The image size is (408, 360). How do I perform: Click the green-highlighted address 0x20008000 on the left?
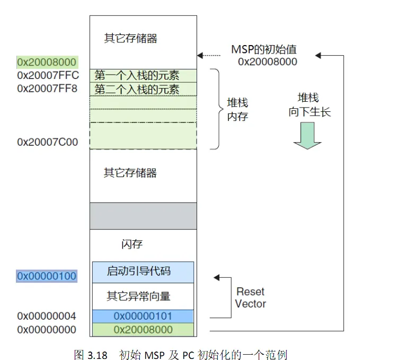(x=47, y=63)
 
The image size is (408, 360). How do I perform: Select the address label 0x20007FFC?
(x=47, y=75)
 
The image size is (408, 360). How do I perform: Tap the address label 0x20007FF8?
(x=47, y=88)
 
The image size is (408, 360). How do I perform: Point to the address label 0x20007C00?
(x=47, y=142)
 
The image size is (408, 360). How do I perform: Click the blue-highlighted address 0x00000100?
(x=47, y=276)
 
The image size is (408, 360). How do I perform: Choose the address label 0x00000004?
(x=47, y=316)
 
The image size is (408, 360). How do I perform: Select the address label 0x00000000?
(x=47, y=330)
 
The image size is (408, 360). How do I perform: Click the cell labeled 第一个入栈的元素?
(x=137, y=75)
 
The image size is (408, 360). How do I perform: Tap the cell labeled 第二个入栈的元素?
(x=137, y=89)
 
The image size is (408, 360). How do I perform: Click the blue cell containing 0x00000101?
(x=143, y=316)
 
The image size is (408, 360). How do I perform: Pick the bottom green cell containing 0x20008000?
(x=143, y=330)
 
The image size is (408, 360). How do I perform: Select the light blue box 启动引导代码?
(x=143, y=271)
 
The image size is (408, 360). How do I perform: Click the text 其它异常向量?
(x=139, y=295)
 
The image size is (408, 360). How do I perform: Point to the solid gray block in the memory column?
(x=143, y=216)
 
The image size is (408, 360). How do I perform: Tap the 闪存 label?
(x=132, y=244)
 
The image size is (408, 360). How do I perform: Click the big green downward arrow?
(x=307, y=135)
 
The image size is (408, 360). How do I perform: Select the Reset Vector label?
(x=251, y=297)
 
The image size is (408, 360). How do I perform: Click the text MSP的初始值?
(x=264, y=49)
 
